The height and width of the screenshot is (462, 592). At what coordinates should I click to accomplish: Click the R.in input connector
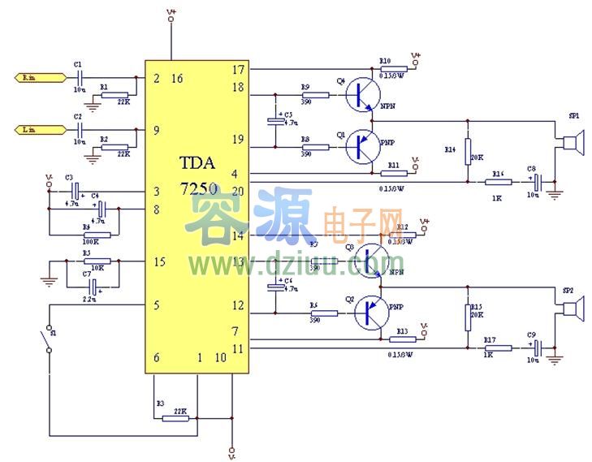(x=40, y=78)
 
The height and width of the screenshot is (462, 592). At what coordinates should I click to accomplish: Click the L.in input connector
(x=40, y=130)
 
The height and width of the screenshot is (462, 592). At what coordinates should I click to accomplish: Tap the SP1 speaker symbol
(x=571, y=145)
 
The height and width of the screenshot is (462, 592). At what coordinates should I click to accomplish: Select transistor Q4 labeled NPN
(x=363, y=95)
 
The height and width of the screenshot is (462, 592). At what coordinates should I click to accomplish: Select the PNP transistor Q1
(x=363, y=146)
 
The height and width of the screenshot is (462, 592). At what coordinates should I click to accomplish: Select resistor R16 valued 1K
(x=497, y=182)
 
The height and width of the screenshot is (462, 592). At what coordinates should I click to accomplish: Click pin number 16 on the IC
(x=176, y=79)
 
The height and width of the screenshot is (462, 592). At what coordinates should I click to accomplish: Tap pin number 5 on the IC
(x=156, y=305)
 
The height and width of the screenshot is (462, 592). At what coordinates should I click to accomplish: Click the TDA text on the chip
(x=198, y=162)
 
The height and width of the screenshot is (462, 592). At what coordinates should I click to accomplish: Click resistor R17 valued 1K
(x=497, y=348)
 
